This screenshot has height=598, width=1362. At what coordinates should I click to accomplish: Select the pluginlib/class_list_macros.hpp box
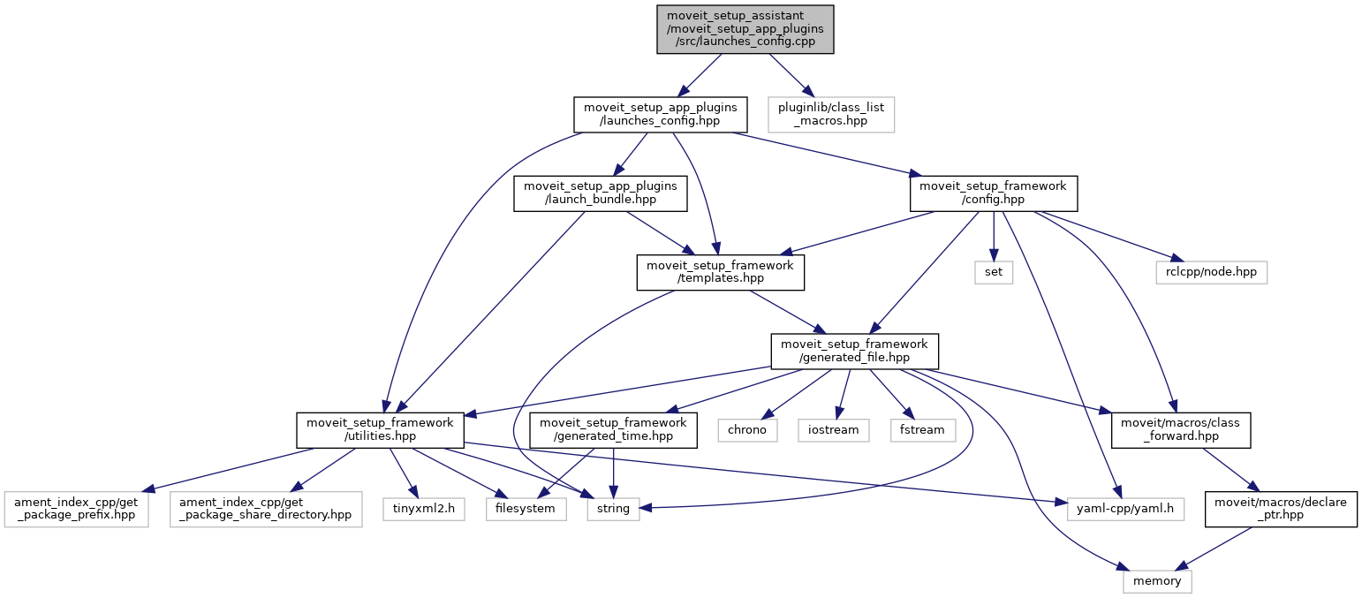coord(831,115)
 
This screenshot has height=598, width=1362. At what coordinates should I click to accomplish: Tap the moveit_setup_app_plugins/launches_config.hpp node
coord(661,115)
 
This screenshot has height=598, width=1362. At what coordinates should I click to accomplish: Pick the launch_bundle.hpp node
coord(601,193)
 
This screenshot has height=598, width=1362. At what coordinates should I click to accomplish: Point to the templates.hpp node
coord(720,272)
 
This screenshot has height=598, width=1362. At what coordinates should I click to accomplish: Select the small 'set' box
coord(994,272)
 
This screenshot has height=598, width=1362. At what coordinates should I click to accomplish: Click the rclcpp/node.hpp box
coord(1211,272)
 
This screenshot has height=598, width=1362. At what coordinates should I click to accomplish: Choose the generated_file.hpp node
coord(854,351)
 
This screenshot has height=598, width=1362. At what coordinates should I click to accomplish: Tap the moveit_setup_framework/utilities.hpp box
coord(380,430)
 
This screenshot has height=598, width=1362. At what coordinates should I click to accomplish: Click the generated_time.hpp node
coord(614,430)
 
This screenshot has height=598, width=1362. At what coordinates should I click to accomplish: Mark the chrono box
coord(747,430)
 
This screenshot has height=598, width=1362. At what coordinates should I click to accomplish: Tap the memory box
coord(1157,580)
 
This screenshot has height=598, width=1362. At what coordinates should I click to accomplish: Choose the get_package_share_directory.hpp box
coord(266,509)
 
